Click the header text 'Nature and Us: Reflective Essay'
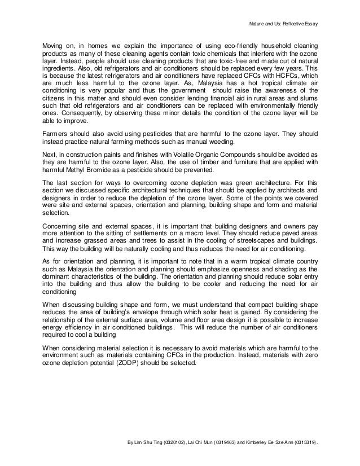point(285,25)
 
